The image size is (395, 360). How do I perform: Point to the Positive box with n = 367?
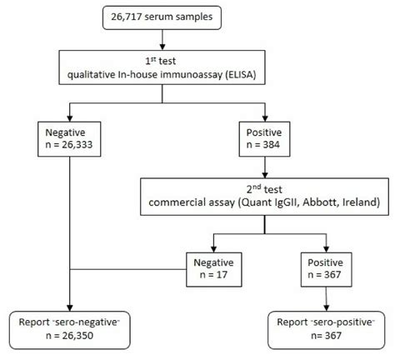tap(323, 270)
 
